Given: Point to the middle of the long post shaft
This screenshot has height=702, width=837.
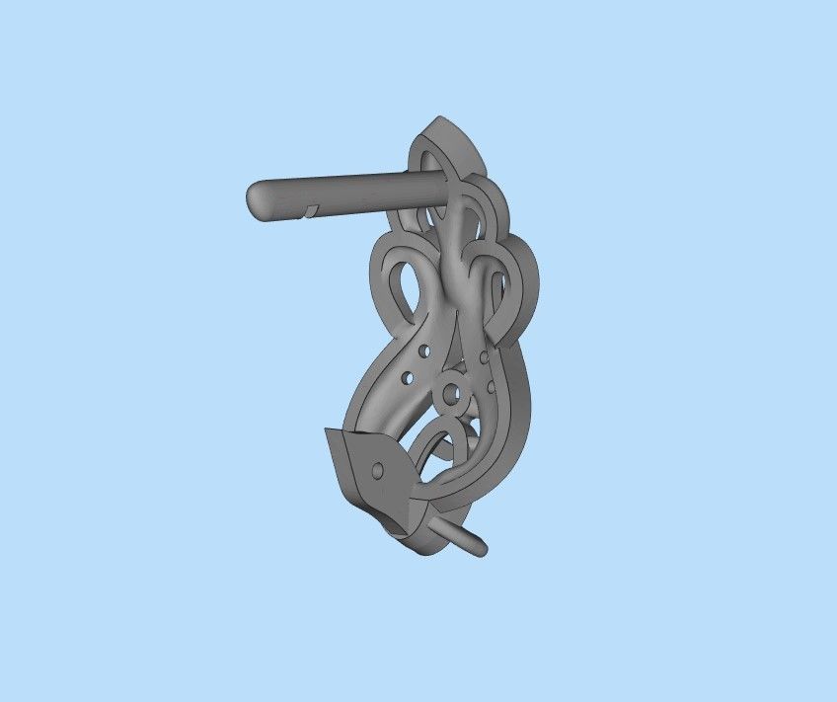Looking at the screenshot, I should point(336,194).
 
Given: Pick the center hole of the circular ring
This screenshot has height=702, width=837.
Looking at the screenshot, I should point(453,394).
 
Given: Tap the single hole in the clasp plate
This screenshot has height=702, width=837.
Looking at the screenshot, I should point(376,470).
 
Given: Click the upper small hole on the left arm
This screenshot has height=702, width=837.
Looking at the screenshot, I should point(425,351).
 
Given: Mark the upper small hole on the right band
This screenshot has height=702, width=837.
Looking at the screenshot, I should point(483,356).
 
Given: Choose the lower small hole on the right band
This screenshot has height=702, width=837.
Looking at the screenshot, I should point(491,387).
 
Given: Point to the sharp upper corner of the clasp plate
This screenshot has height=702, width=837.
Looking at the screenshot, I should point(328,431).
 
